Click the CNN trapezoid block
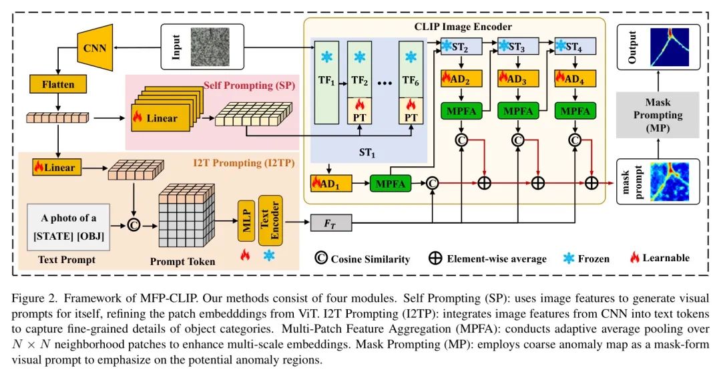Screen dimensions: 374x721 point(95,47)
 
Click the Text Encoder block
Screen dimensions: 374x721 point(270,220)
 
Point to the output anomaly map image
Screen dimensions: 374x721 point(678,47)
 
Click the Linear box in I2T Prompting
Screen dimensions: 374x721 point(57,168)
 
